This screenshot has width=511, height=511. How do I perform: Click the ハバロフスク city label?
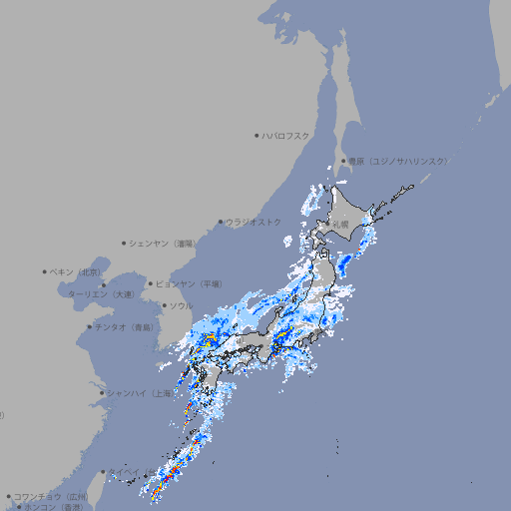click(x=286, y=135)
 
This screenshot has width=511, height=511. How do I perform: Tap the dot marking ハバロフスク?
click(x=256, y=135)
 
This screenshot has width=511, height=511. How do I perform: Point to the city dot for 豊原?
click(x=343, y=161)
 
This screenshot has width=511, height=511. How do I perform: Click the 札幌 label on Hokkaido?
click(x=341, y=225)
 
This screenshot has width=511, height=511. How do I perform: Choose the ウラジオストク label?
click(x=254, y=222)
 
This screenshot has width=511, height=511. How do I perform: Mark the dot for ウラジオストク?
click(x=221, y=222)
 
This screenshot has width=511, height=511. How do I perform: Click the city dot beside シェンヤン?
click(x=125, y=243)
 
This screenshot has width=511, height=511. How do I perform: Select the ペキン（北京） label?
click(x=77, y=271)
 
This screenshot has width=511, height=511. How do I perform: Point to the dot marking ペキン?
click(x=45, y=271)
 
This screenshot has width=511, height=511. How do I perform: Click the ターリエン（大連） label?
click(x=101, y=294)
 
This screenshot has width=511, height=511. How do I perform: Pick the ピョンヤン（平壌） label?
click(x=189, y=283)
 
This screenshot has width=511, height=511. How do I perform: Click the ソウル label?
click(x=181, y=305)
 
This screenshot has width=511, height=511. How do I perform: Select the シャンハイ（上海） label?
click(x=140, y=393)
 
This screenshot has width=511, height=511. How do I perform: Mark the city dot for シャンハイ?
click(x=102, y=393)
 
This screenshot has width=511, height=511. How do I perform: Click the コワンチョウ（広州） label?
click(x=51, y=496)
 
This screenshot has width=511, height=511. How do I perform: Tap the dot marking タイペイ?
click(x=102, y=472)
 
